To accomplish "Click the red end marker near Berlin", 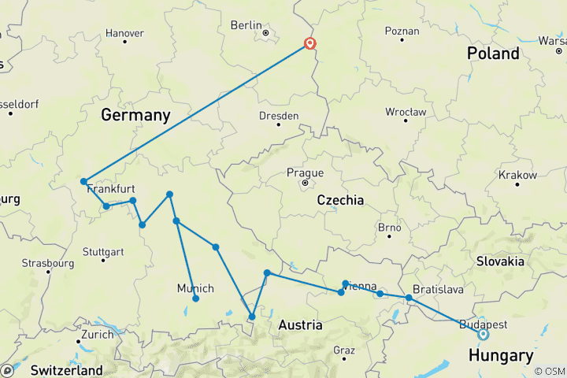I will (310, 44).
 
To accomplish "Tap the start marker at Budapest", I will (483, 334).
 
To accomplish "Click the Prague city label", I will (305, 172).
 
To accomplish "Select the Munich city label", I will (195, 288).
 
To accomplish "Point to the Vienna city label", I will (359, 286).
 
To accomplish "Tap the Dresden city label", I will (279, 116).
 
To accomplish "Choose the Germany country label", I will (135, 115).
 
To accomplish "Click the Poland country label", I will (493, 54).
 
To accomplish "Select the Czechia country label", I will (340, 200).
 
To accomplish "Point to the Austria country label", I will (300, 324).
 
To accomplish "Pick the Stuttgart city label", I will (103, 253).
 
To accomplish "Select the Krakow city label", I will (517, 175).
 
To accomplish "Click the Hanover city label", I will (124, 33).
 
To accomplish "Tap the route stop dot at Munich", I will (195, 298).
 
